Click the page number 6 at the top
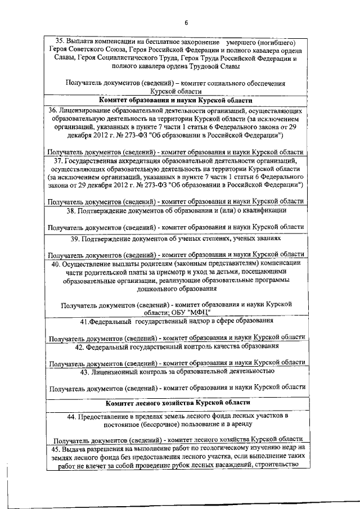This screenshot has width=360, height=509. [x=186, y=22]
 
